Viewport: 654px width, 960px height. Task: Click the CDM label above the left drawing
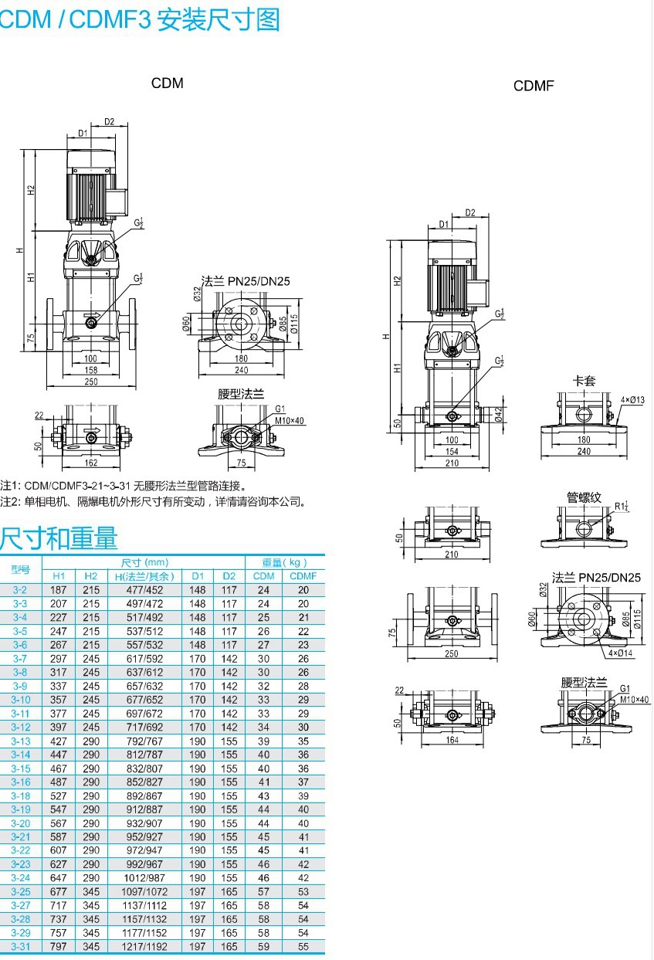click(167, 83)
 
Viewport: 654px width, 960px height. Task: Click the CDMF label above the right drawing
click(534, 86)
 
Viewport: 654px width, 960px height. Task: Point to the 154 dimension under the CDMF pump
click(452, 452)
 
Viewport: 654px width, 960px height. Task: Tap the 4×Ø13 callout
click(632, 399)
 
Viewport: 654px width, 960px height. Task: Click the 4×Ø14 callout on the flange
click(619, 653)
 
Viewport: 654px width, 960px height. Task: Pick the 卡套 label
click(584, 381)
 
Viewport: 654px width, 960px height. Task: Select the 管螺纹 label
click(584, 497)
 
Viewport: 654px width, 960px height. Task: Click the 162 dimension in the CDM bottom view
click(90, 463)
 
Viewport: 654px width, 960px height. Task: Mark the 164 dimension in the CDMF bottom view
click(452, 740)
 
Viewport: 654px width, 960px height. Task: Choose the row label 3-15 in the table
click(20, 768)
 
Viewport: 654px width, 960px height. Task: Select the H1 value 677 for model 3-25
click(59, 892)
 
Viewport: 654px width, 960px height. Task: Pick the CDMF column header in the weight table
click(303, 576)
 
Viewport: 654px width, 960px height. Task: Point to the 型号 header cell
click(20, 569)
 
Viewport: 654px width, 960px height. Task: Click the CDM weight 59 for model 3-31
click(264, 946)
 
